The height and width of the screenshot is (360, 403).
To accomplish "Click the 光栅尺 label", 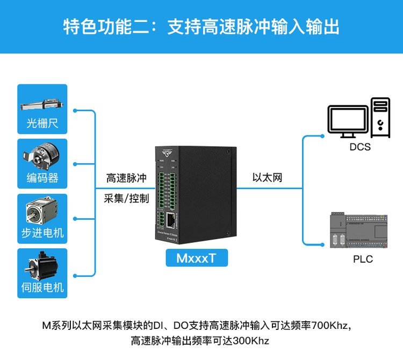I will click(42, 124).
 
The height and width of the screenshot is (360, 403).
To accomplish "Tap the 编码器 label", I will click(42, 178).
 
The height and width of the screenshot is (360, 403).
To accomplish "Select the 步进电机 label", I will click(42, 233).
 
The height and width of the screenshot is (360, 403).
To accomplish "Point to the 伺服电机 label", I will click(42, 287).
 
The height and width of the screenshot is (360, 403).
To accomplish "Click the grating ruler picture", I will click(42, 102).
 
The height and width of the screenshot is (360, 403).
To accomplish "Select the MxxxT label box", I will click(197, 258).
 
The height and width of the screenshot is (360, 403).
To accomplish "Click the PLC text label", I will click(363, 259).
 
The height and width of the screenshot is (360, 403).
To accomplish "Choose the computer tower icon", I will click(380, 116).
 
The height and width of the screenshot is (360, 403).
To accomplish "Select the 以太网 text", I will click(267, 178).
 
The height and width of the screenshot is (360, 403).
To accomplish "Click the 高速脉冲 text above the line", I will click(126, 178).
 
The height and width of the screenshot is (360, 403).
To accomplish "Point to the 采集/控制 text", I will click(126, 198).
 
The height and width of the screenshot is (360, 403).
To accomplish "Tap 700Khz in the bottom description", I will click(330, 326).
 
